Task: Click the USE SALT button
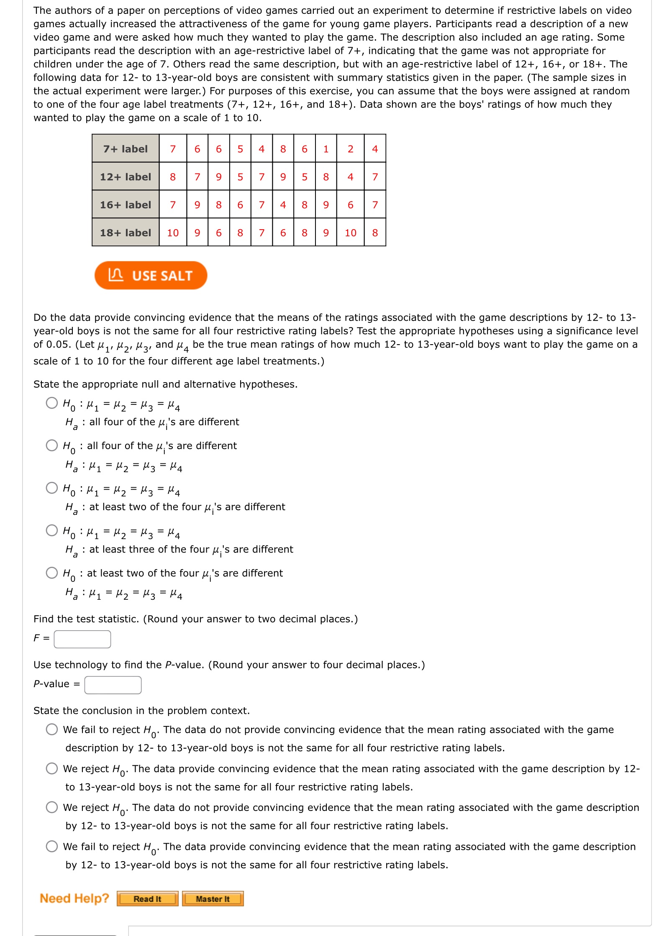click(x=151, y=276)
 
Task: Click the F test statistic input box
click(x=82, y=639)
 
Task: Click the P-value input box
click(x=113, y=685)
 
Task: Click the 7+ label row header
click(x=126, y=149)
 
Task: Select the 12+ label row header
click(x=126, y=177)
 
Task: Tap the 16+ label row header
click(x=126, y=205)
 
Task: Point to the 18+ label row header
click(x=126, y=233)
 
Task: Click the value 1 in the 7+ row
click(x=326, y=149)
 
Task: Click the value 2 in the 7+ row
click(x=350, y=149)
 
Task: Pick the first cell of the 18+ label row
click(x=173, y=233)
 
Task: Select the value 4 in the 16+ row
click(x=283, y=205)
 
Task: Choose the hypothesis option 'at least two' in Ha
click(x=52, y=488)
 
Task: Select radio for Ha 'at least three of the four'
click(x=52, y=530)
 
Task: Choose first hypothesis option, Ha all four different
click(x=52, y=403)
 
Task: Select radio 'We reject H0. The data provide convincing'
click(x=52, y=768)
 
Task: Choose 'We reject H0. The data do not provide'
click(x=52, y=807)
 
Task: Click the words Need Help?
click(x=74, y=898)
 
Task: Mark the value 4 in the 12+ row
click(x=350, y=177)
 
